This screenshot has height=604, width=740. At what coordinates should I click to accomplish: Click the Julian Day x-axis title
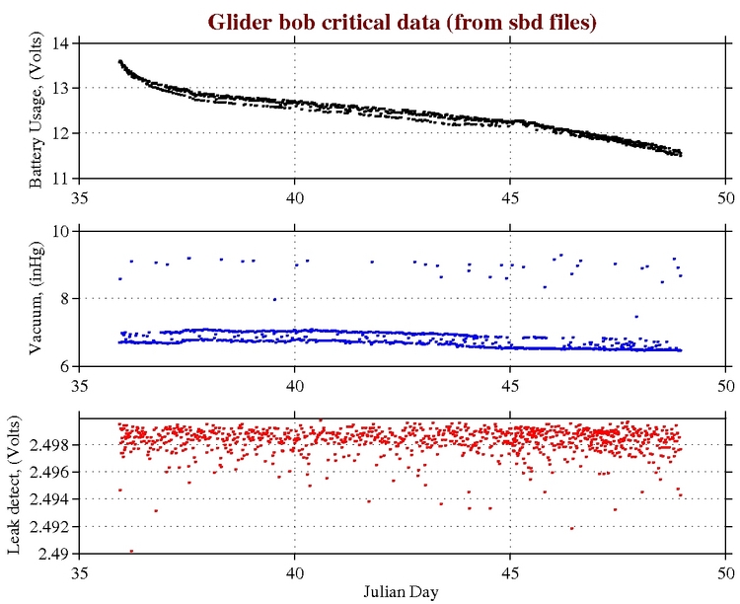[402, 591]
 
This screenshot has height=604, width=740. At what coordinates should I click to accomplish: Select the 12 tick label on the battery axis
[63, 133]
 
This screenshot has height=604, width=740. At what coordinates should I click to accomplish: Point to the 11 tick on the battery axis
[63, 179]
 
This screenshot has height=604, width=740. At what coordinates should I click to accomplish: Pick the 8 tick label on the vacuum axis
[67, 299]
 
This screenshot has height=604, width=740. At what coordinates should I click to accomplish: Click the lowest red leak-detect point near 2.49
[131, 551]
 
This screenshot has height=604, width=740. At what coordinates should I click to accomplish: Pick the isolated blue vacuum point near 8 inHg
[274, 299]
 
